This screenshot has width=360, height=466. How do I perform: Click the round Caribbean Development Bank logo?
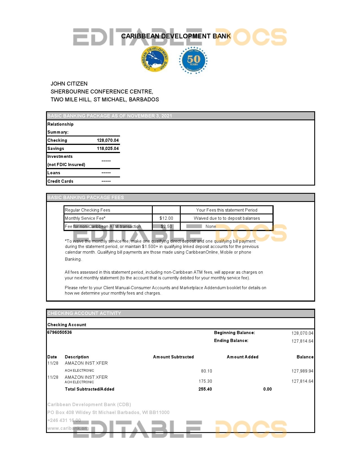point(155,59)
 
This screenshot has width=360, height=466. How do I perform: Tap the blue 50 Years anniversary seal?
point(193,60)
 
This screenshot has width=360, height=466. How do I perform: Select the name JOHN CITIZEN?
point(69,84)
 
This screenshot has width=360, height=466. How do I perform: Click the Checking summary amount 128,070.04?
point(108,140)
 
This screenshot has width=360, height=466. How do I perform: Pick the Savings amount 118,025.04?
point(108,149)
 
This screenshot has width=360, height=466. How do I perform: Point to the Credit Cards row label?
point(60,181)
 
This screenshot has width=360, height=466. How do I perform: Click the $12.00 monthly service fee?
point(166,218)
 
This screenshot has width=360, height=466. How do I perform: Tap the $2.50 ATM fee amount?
point(166,227)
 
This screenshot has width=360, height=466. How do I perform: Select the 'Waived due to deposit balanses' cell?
point(226,218)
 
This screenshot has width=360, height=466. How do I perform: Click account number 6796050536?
point(60,332)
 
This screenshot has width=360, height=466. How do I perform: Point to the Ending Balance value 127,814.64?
point(302,341)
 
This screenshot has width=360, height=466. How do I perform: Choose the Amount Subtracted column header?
point(173,357)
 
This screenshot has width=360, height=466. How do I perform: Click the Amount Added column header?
point(243,357)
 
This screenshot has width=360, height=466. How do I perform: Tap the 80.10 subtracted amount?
point(206,371)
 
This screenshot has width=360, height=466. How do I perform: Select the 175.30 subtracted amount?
point(205,381)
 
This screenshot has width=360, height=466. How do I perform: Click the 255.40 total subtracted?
point(205,389)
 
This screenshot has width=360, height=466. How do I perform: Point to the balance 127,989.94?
point(302,371)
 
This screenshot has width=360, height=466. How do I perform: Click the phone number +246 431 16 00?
point(64,420)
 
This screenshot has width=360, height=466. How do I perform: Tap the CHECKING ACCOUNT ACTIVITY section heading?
point(84,313)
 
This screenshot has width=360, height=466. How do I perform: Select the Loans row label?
point(54,173)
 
